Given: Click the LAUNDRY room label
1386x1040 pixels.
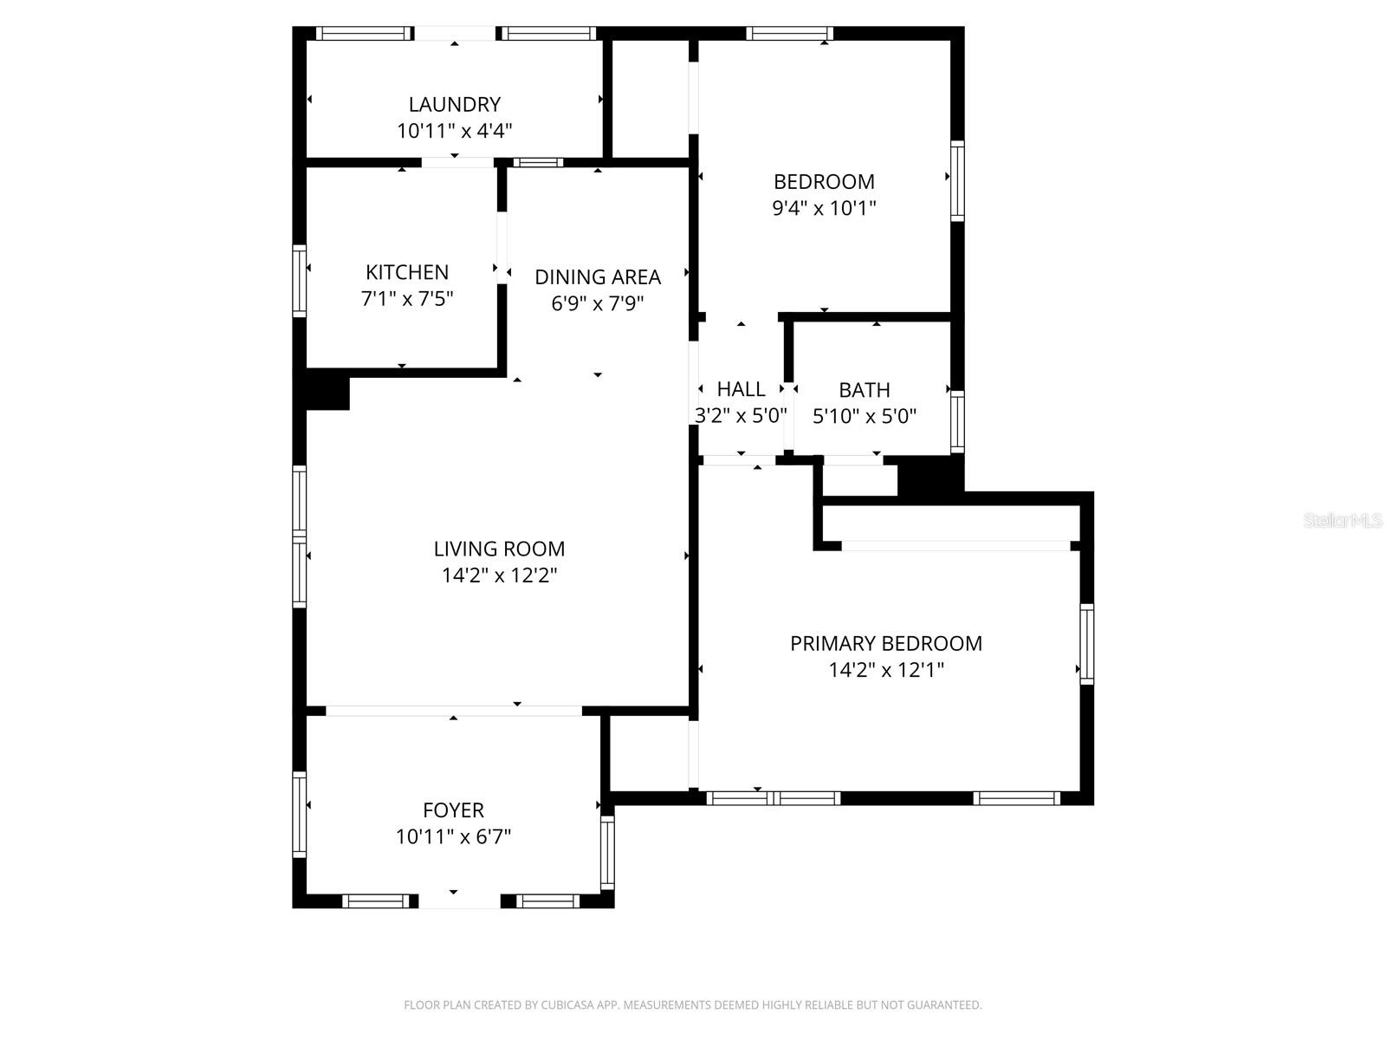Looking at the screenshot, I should point(454,104).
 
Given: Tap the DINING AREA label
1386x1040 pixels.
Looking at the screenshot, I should point(597,276).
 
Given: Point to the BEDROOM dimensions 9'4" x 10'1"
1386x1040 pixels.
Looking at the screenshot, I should point(824,208).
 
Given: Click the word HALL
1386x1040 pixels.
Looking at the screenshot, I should point(741,389).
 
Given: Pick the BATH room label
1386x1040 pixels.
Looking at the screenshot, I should point(864,390).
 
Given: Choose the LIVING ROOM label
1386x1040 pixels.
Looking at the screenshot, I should point(499,549).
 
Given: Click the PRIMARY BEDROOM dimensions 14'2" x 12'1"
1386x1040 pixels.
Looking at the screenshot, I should point(885,670).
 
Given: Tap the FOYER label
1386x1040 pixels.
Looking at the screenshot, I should point(453,810).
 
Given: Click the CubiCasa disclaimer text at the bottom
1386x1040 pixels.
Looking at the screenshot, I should point(692,1005).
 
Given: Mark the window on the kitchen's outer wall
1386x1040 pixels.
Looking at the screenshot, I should point(300,280).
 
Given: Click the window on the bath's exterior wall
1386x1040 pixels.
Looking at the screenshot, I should point(957,422).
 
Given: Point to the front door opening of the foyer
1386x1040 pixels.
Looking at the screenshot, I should point(459,901).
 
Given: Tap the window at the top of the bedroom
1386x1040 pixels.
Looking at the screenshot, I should point(789,34).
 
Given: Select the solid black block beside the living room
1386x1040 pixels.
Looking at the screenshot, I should point(327,390).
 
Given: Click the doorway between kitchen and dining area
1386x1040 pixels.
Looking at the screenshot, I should point(502,245).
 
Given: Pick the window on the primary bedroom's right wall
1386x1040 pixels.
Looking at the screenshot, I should point(1086,644).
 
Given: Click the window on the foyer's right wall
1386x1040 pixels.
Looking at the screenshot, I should point(607,852).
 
